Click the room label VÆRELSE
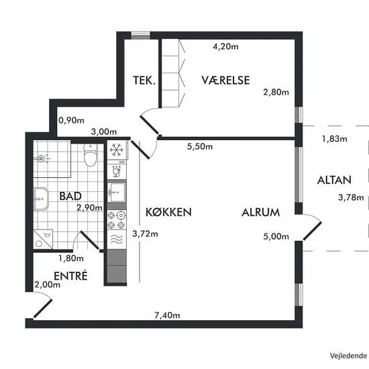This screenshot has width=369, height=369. pos(225,81)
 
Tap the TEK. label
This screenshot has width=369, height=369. pos(144,81)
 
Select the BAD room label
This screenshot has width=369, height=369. pos(70,197)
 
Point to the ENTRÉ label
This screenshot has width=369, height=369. pos(70,276)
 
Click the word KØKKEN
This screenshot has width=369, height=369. pos(168,212)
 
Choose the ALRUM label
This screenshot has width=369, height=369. pos(261,213)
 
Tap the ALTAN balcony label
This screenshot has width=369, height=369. pos(334,180)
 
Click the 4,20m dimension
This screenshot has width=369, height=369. pos(225,46)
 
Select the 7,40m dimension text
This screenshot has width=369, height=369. pos(167,315)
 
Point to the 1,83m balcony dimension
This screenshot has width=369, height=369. pos(334,139)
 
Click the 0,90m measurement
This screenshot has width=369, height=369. pos(71,121)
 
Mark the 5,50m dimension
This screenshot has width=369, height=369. pos(200,147)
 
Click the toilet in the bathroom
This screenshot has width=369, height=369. pos(91,155)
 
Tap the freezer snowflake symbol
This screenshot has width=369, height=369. pos(117,150)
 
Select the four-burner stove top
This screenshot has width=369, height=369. pos(117,220)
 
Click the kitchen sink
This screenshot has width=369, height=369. pos(117,193)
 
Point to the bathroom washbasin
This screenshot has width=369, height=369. pos(41,199)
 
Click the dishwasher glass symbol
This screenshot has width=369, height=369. pos(117,171)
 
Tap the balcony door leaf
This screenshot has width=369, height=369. pos(312,231)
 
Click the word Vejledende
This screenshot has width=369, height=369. pos(348,356)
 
